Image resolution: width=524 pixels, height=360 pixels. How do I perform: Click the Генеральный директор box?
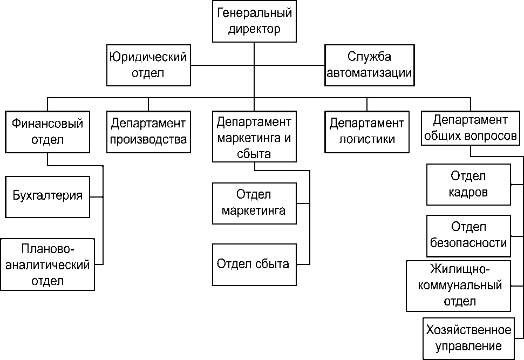[x=255, y=21]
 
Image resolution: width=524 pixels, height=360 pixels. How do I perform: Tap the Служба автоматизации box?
[x=370, y=65]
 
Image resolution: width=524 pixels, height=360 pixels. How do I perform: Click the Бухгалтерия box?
[x=48, y=195]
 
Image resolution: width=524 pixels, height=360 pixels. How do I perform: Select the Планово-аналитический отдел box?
[x=48, y=264]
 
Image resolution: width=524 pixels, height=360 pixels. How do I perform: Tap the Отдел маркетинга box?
[x=254, y=203]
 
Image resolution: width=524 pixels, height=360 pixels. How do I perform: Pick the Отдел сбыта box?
[x=254, y=264]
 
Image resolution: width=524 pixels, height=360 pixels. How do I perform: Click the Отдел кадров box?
[x=468, y=185]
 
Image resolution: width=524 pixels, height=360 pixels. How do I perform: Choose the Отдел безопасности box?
[x=468, y=235]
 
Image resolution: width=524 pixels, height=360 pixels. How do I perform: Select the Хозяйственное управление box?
[x=468, y=338]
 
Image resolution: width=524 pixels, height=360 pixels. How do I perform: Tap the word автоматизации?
[x=370, y=73]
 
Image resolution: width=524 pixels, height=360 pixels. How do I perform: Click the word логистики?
[x=367, y=139]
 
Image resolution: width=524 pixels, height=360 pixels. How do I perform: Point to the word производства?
[x=148, y=139]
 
